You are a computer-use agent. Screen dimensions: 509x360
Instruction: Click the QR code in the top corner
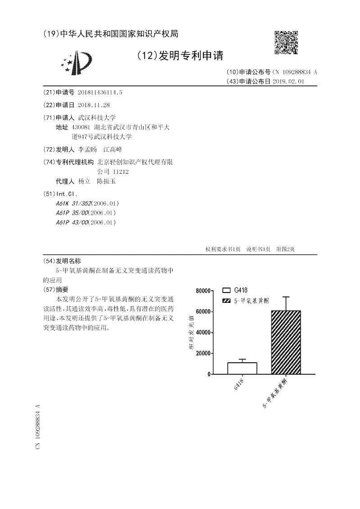point(286,42)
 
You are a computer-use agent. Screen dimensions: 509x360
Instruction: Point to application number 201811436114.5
point(100,92)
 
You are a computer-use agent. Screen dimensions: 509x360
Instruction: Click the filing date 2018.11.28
point(94,105)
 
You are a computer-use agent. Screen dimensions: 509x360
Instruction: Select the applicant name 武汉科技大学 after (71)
point(97,117)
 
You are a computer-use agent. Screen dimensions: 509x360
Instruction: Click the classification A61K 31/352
point(72,203)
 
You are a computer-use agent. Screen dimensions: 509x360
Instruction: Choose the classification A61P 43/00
point(72,222)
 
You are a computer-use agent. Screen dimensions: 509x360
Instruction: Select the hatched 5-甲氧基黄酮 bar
point(286,342)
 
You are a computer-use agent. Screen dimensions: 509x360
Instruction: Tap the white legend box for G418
point(226,290)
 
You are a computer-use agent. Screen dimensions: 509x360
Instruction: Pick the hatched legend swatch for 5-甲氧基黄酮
point(226,299)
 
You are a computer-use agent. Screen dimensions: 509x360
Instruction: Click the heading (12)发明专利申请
point(180,56)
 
